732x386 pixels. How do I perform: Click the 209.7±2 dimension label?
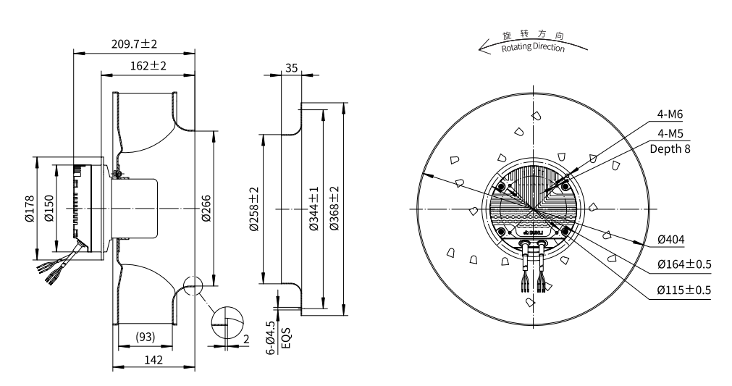coord(134,44)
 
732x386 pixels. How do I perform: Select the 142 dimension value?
coord(152,359)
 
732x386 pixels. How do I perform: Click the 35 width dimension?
coord(292,67)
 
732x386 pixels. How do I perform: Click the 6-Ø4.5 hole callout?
coord(271,338)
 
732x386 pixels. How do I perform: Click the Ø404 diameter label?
coord(671,240)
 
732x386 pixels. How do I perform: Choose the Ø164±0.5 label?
coord(684,264)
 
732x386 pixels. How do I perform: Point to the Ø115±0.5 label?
coord(684,289)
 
